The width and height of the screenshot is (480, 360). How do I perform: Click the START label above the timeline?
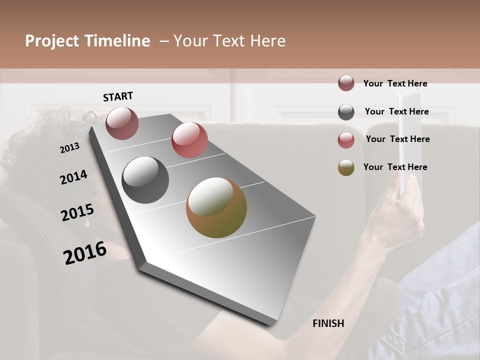click(118, 96)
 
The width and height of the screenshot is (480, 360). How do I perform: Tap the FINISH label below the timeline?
click(328, 323)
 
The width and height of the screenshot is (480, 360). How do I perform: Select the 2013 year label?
click(70, 147)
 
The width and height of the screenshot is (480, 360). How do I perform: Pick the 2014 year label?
click(73, 177)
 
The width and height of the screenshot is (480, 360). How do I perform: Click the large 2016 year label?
click(85, 253)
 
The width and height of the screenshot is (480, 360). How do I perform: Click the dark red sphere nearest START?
click(122, 123)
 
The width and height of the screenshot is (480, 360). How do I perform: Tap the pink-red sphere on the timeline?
click(189, 140)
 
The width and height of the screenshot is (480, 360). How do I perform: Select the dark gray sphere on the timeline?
click(145, 180)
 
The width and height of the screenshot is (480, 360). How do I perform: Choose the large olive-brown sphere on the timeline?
click(216, 208)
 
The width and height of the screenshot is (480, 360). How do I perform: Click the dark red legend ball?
click(346, 83)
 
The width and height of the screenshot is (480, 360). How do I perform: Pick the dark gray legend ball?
click(346, 112)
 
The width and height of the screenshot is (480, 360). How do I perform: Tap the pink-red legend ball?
click(346, 140)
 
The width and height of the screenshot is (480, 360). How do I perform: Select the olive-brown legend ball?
click(346, 167)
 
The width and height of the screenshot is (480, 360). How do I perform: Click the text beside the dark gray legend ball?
click(396, 111)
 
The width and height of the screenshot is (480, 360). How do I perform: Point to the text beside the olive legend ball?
click(395, 167)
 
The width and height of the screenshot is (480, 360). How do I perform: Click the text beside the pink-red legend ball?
click(397, 139)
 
